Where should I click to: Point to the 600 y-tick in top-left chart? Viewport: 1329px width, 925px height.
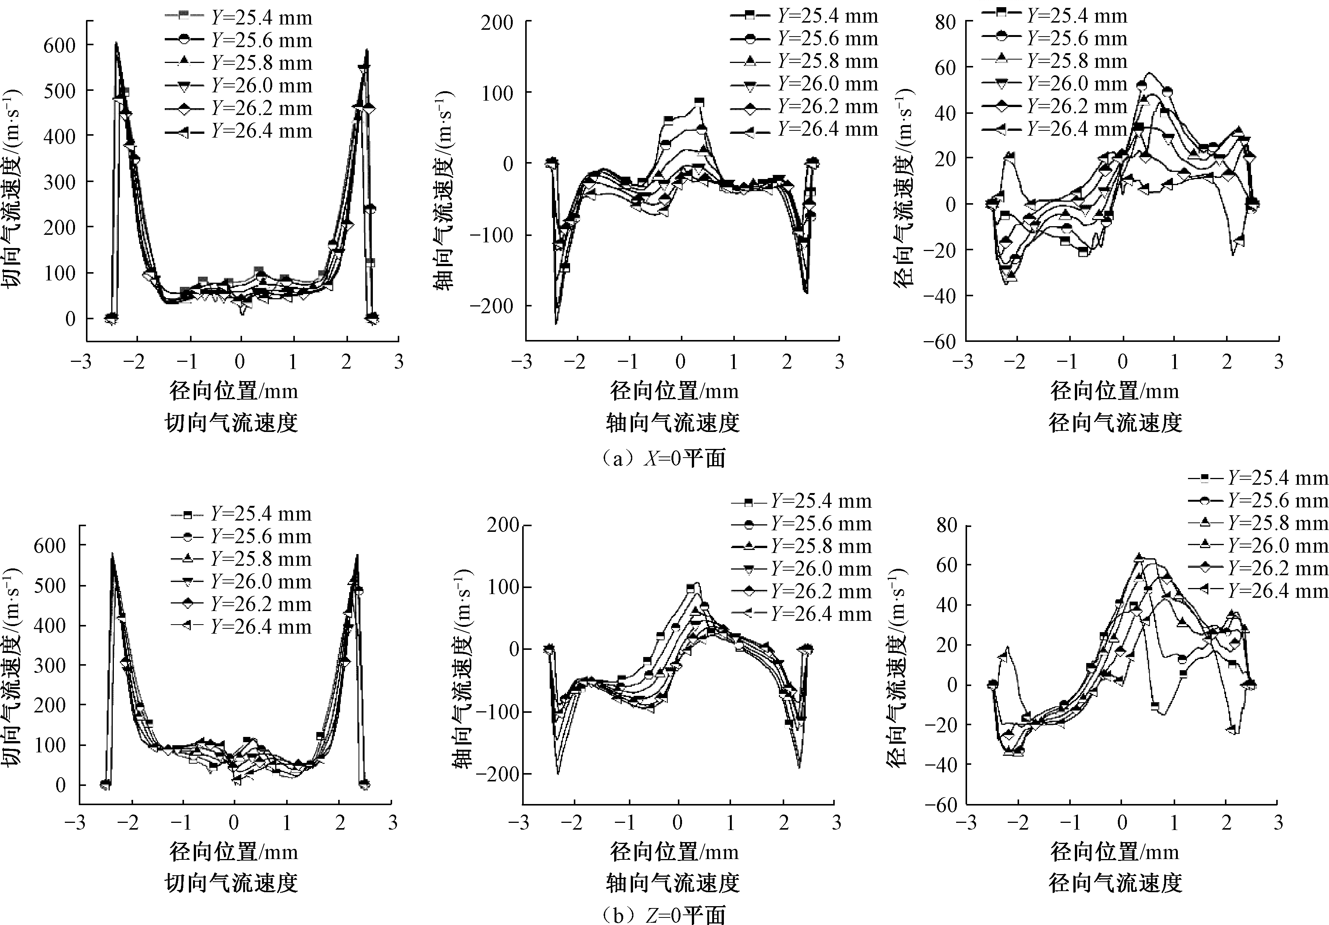[x=60, y=45]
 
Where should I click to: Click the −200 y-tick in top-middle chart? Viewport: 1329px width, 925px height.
[x=491, y=306]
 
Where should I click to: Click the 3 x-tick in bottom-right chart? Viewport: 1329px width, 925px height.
[x=1278, y=822]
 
